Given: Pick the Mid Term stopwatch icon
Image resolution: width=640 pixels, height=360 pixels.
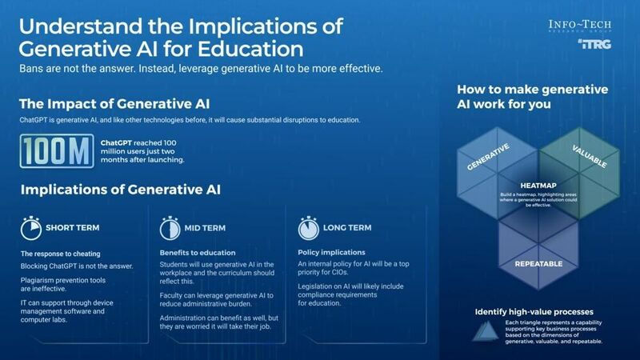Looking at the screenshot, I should pyautogui.click(x=170, y=228).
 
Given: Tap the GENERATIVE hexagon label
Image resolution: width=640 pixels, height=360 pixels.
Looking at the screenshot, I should pyautogui.click(x=490, y=158).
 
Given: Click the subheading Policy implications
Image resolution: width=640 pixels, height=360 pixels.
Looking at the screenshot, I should pyautogui.click(x=331, y=251).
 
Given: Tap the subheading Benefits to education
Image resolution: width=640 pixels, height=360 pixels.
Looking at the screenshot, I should pyautogui.click(x=195, y=251).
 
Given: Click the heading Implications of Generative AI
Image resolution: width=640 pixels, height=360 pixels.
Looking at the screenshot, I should pyautogui.click(x=121, y=190).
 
